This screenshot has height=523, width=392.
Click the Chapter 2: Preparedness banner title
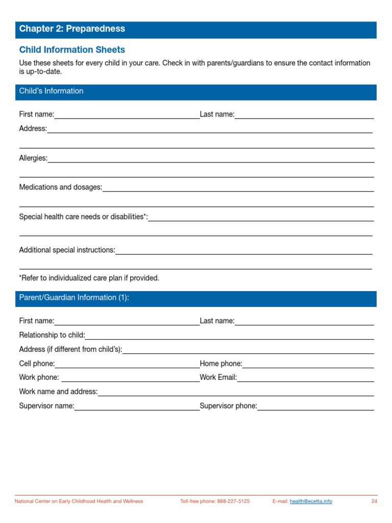72,29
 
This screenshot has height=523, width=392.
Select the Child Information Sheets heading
72,50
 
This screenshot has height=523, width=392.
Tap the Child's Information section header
51,91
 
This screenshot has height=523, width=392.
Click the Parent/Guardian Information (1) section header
74,298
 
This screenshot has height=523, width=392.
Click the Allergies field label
33,158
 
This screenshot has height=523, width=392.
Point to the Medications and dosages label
60,187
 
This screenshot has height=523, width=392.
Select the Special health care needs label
83,217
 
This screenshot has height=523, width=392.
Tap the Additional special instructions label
67,250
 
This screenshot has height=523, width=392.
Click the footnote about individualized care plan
89,278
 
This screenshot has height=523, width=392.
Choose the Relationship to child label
52,336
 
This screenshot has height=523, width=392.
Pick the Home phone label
221,364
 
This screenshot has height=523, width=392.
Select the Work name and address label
58,392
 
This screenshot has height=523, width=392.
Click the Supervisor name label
46,407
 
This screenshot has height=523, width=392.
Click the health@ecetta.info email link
310,502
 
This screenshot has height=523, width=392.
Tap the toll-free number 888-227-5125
233,502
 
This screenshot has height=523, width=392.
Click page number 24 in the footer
374,502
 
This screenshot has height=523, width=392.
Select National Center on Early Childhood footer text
79,502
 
